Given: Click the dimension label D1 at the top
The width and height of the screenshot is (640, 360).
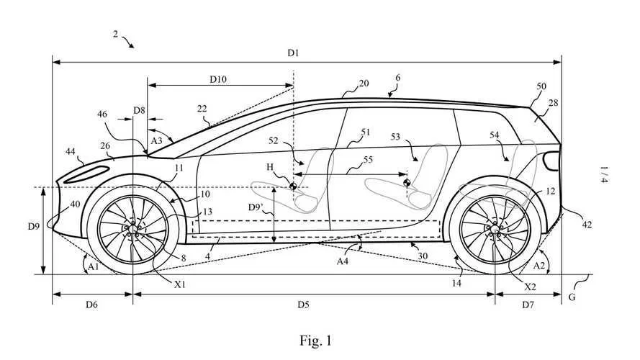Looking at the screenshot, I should click(x=293, y=53).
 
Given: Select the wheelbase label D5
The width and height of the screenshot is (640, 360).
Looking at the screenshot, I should click(x=303, y=305).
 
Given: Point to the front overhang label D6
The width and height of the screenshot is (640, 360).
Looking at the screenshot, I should click(x=91, y=305).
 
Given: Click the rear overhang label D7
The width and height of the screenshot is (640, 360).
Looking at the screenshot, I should click(x=527, y=305).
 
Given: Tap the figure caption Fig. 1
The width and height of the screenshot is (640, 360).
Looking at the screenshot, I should click(x=317, y=339).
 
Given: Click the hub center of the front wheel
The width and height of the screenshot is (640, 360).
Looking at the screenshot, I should click(x=132, y=229).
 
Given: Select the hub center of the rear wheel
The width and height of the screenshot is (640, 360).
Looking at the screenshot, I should click(x=495, y=229).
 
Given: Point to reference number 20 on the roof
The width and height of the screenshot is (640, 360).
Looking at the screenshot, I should click(x=364, y=84).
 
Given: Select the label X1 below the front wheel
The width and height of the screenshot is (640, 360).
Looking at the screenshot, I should click(x=179, y=284).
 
